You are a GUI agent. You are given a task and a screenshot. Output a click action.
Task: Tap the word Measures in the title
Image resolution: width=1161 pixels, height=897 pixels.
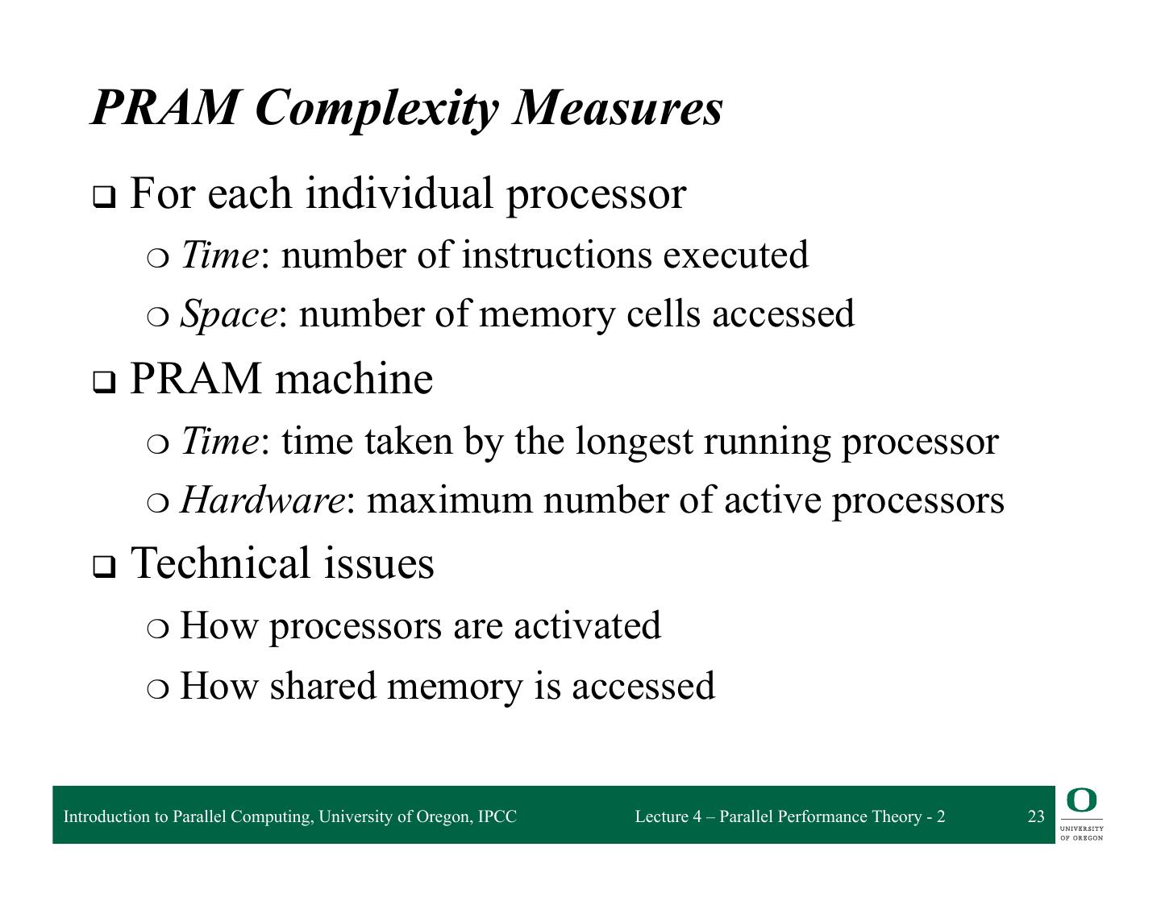click(618, 108)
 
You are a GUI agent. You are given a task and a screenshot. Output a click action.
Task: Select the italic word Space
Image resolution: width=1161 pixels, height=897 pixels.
click(228, 314)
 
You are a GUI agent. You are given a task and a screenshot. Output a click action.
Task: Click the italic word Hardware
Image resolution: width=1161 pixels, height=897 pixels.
click(262, 500)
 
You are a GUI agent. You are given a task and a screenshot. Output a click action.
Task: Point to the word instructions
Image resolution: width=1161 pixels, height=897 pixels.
click(556, 255)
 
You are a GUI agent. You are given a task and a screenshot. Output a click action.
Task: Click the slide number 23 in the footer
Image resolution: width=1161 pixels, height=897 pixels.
click(1036, 816)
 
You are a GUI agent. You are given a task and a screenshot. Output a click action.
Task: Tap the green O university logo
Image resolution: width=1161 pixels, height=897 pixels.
click(1081, 801)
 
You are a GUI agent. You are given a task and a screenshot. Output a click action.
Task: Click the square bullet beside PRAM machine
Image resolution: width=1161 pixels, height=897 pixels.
click(103, 382)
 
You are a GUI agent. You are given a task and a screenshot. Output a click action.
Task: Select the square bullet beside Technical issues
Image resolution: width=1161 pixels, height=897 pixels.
click(103, 567)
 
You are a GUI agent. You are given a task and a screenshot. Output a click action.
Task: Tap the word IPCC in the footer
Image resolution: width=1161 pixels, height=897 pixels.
click(497, 816)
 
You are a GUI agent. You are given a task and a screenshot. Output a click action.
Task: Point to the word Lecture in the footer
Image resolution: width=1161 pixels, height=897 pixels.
click(661, 816)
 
